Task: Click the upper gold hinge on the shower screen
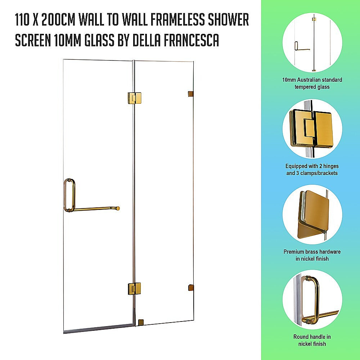point(134,98)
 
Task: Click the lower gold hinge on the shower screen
point(134,288)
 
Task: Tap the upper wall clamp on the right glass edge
point(190,94)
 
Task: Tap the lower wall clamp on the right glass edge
point(190,288)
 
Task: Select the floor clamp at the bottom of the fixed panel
point(141,322)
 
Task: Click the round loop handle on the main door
point(69,195)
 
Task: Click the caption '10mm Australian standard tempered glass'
point(312,83)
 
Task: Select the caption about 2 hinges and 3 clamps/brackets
point(312,170)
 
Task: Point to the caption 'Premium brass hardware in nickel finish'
point(312,255)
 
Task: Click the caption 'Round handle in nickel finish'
point(312,340)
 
